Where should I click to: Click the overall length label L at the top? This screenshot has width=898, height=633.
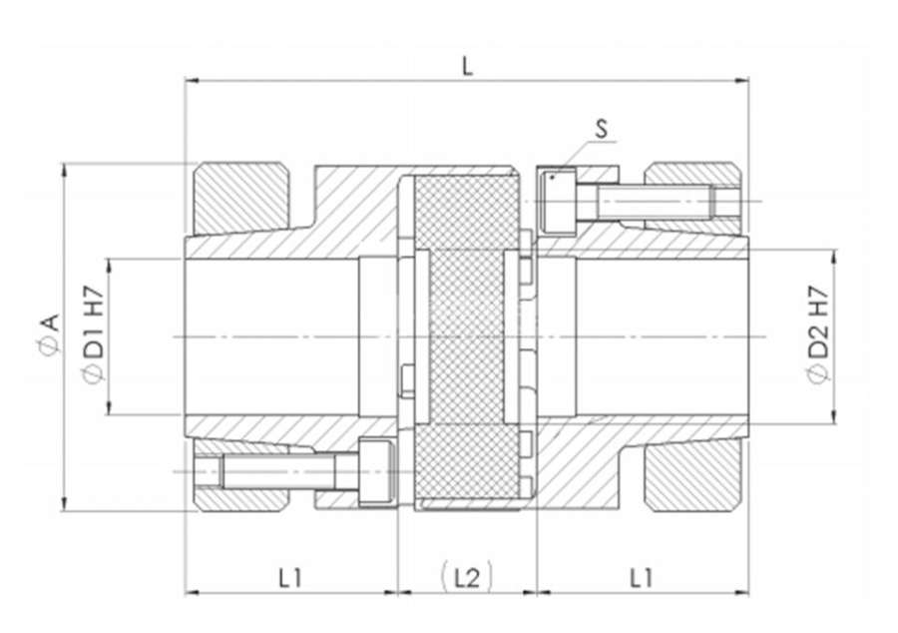coord(468,67)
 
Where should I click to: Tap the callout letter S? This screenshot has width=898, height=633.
coord(602,129)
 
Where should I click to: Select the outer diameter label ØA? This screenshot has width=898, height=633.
coord(50,333)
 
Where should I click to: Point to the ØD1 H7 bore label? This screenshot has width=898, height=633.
coord(93,333)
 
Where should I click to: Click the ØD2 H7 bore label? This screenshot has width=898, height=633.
coord(819,335)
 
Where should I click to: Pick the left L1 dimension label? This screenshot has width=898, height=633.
coord(290,578)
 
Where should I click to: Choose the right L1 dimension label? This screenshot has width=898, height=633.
coord(642,578)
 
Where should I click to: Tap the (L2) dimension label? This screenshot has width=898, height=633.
coord(467,577)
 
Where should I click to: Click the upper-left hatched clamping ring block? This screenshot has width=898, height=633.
coord(241,199)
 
